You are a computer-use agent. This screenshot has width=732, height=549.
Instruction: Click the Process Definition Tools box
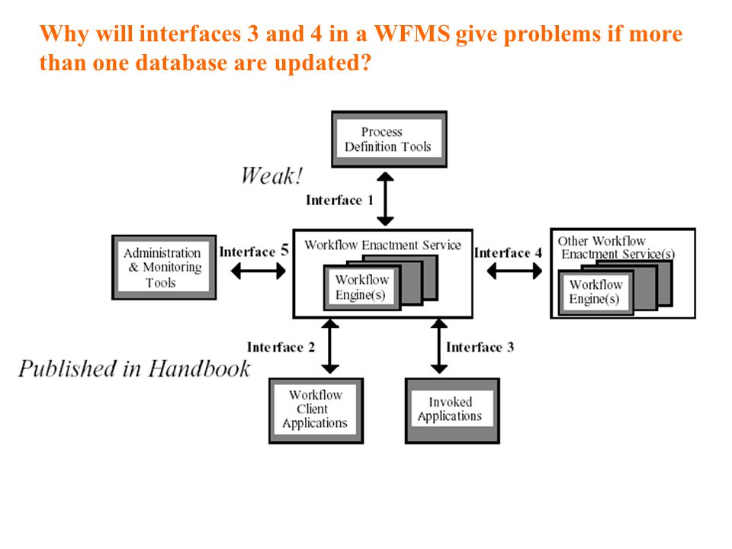(389, 139)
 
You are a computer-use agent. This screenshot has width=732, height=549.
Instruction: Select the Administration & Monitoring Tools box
(164, 267)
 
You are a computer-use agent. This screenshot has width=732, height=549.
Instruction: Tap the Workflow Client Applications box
(316, 410)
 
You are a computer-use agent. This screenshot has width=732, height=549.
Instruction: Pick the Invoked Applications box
(452, 410)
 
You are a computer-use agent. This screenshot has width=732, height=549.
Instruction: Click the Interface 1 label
(339, 201)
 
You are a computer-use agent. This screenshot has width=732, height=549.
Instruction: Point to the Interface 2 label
(281, 348)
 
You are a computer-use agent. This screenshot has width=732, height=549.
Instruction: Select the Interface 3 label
(480, 347)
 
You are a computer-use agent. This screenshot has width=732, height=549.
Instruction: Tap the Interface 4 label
(508, 252)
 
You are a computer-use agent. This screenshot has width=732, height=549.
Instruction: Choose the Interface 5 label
(254, 251)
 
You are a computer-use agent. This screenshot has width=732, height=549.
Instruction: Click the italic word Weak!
(271, 176)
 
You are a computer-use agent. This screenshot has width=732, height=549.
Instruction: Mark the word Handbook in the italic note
(199, 368)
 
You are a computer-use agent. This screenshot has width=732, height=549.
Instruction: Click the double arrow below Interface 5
(258, 271)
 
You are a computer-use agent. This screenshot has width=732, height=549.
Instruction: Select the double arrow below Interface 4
(515, 271)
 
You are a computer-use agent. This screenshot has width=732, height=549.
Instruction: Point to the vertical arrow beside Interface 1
(385, 199)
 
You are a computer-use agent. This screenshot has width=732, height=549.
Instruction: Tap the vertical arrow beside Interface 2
(330, 346)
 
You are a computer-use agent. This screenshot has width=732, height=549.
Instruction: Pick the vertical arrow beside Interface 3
(439, 346)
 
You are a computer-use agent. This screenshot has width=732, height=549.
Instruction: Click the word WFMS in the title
(412, 34)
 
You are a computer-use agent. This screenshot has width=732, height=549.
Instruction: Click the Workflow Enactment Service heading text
(383, 245)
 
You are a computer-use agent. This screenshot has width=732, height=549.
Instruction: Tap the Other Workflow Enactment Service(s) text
(616, 247)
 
